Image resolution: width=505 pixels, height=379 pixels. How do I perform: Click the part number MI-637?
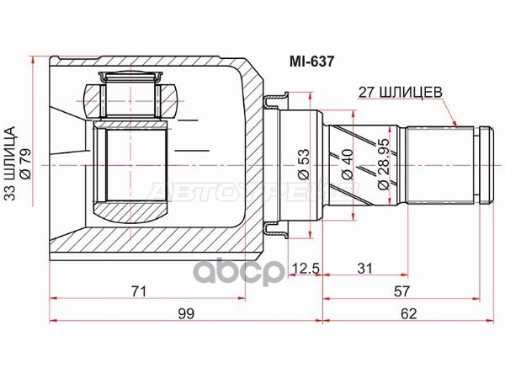tap(311, 61)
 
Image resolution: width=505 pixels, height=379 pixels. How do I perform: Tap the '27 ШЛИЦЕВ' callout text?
tap(401, 93)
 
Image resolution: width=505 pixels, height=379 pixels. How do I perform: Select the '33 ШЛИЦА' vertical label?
tap(11, 163)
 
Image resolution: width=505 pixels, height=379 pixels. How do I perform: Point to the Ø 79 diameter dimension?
tap(25, 163)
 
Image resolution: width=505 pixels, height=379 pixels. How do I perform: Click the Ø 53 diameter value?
tap(304, 164)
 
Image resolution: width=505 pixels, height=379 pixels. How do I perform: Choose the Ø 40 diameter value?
tap(348, 164)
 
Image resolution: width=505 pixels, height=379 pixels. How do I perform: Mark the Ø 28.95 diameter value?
tap(383, 164)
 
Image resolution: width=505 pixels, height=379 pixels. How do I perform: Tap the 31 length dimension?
tap(365, 268)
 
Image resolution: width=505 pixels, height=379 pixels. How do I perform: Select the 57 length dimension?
tap(401, 291)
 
